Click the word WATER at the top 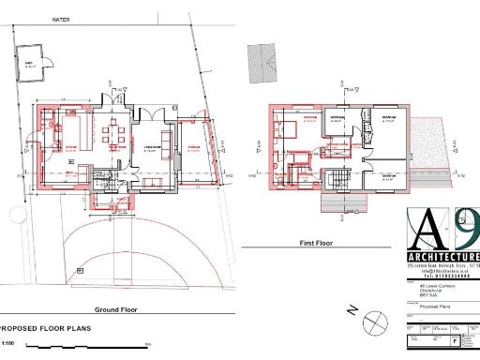tap(63, 19)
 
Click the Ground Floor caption tap(116, 309)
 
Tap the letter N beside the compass tap(348, 308)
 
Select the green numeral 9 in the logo tap(462, 228)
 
